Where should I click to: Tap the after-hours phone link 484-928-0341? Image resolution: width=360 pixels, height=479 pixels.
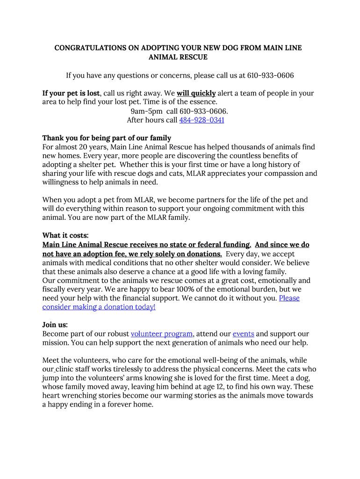pos(202,120)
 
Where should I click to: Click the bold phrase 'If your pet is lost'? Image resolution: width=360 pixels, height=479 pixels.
pos(71,94)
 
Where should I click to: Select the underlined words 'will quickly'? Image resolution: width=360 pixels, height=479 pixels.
pos(196,94)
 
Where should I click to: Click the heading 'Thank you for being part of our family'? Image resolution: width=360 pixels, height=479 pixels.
pos(107,138)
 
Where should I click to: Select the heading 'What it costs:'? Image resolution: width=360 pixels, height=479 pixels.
pos(65,236)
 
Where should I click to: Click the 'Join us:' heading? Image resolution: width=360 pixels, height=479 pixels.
pos(55,325)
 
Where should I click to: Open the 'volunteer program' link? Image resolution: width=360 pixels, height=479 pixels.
pos(162,334)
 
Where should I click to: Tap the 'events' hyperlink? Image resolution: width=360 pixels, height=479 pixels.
pos(243,334)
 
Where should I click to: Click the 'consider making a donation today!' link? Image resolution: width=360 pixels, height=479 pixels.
pos(99,307)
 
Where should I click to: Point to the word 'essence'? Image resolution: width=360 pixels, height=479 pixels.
pos(203,102)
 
